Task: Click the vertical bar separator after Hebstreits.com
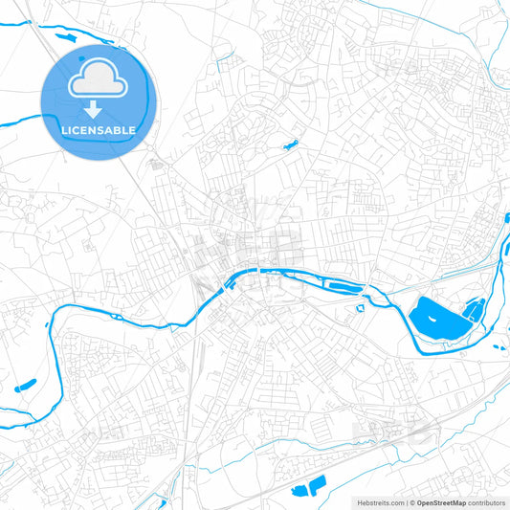[405, 501]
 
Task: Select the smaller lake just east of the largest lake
[473, 310]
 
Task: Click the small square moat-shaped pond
[363, 307]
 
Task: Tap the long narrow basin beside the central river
[341, 286]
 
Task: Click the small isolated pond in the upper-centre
[289, 145]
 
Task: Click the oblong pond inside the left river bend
[25, 386]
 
